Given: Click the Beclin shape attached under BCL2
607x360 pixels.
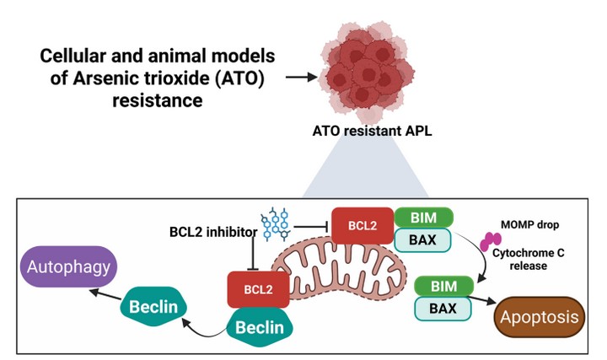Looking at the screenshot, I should click(259, 326).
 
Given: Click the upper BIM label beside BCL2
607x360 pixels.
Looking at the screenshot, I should click(424, 217).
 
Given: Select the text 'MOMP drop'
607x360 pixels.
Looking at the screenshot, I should click(529, 226).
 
